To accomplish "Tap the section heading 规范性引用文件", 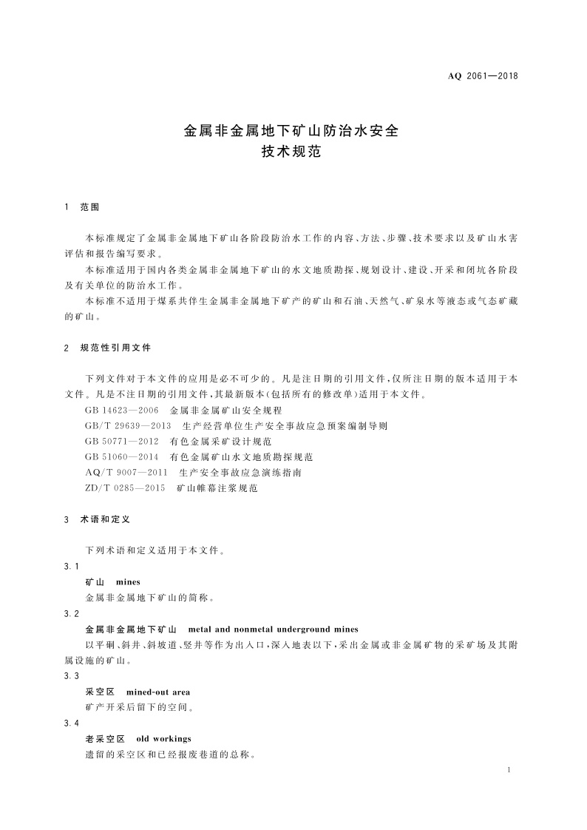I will point(115,347).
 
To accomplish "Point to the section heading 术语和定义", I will point(105,519).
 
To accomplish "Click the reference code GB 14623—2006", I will point(122,409).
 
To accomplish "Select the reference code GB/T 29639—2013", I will point(129,426).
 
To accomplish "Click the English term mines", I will point(128,582).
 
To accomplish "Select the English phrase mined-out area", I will point(158,692).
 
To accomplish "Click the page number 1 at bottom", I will point(510,771).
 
